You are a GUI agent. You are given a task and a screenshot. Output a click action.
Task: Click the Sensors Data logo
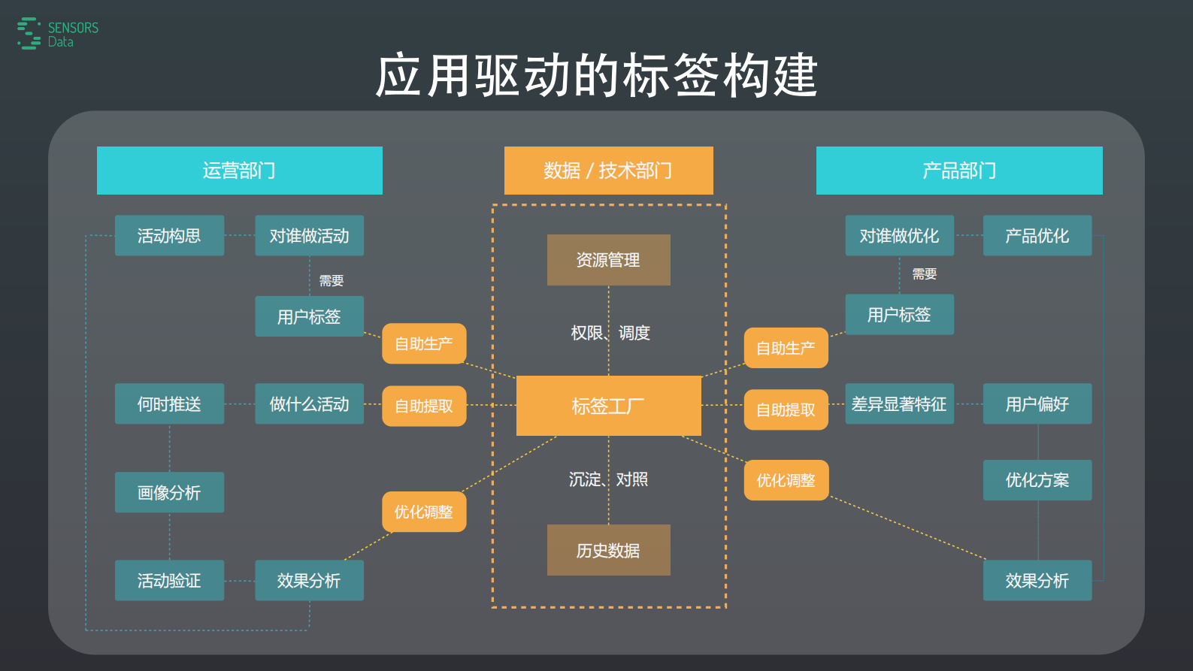(57, 34)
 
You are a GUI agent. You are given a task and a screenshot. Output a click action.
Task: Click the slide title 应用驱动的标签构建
(596, 75)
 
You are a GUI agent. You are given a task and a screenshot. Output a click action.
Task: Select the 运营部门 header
(239, 171)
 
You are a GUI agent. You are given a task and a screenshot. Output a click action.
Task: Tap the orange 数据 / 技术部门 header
(608, 171)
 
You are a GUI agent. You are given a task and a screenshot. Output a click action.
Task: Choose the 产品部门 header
(958, 171)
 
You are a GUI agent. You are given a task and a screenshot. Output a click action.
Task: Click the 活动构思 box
(169, 236)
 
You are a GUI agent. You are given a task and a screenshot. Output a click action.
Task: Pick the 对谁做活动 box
(309, 236)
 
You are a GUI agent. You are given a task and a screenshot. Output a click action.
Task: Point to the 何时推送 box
(169, 404)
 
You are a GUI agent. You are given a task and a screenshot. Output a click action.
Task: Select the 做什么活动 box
(309, 404)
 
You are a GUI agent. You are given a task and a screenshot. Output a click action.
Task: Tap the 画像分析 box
(169, 493)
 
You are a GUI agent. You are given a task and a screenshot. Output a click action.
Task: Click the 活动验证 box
(169, 581)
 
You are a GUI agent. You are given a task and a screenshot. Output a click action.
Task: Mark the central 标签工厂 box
(608, 406)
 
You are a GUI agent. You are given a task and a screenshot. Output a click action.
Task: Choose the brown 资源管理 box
(608, 260)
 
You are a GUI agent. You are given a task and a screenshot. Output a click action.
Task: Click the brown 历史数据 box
(608, 551)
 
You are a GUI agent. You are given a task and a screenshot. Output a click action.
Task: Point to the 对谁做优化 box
(899, 236)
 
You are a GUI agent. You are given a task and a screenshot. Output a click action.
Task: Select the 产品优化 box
(1037, 236)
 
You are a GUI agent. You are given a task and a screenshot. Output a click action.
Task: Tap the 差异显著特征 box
(899, 404)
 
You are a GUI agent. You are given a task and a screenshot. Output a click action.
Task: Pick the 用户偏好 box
(1037, 404)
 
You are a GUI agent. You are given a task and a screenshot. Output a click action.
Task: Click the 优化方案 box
(1037, 480)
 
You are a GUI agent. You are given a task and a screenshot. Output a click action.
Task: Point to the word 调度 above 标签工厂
(634, 333)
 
